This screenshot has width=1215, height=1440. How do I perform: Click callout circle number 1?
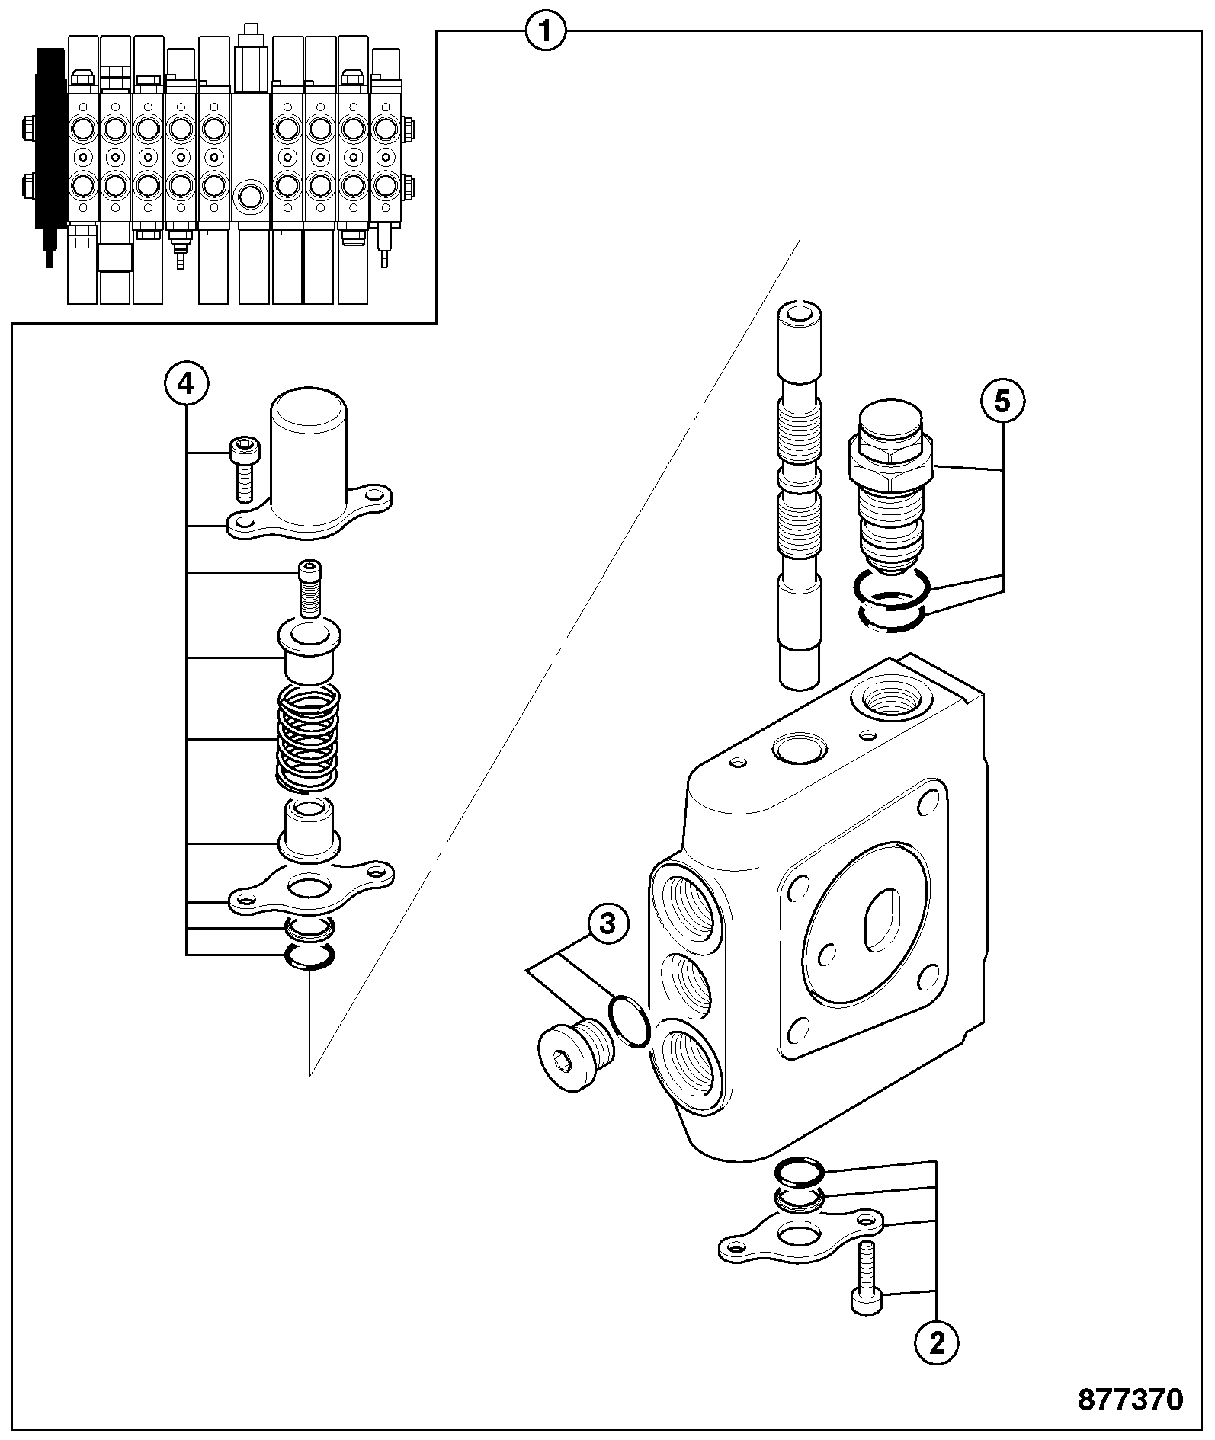coord(546,32)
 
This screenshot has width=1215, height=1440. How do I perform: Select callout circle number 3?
coord(607,924)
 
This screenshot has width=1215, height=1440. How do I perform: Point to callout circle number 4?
coord(185,384)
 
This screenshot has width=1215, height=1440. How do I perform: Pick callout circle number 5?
coord(1002,400)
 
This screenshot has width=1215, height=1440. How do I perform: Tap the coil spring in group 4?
coord(307,738)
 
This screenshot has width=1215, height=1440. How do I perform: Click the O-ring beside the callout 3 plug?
coord(630,1021)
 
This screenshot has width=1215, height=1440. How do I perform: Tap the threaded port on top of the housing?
coord(889,696)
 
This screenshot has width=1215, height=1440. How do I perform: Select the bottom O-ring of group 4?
coord(309,957)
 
